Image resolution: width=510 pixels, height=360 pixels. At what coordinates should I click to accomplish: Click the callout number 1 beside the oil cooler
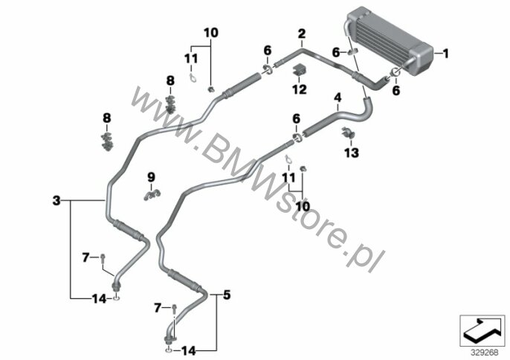[447, 53]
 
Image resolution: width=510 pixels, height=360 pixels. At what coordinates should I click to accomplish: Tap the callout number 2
[302, 33]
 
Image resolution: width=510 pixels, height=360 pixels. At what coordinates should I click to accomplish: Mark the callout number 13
[351, 152]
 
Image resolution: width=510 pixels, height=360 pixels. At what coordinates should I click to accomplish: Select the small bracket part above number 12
[300, 71]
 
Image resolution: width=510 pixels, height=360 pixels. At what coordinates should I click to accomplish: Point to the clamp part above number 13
[349, 134]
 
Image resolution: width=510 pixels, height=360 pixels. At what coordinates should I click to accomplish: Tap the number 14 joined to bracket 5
[190, 350]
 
